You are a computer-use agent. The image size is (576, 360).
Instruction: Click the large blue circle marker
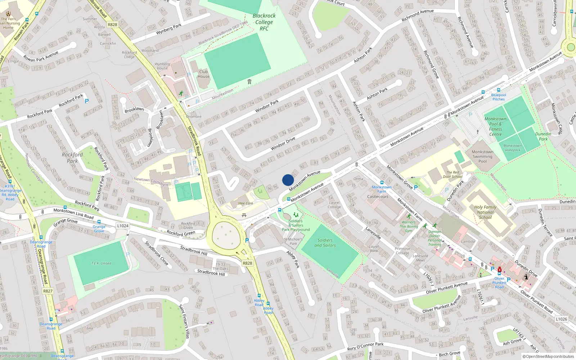click(288, 180)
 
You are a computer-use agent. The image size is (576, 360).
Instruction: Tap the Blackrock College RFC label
click(264, 22)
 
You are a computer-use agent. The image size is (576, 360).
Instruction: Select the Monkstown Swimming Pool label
click(482, 157)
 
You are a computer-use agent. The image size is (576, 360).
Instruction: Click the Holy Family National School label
click(485, 212)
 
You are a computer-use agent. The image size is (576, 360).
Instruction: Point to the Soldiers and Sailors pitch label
click(325, 243)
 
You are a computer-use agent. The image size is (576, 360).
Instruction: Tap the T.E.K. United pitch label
click(101, 263)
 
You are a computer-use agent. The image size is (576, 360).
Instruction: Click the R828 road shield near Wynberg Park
click(112, 24)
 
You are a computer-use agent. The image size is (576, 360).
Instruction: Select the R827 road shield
click(48, 291)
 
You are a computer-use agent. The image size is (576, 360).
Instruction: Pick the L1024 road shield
click(123, 226)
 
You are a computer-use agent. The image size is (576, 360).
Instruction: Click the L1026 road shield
click(561, 319)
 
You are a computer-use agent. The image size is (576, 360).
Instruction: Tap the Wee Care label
click(246, 203)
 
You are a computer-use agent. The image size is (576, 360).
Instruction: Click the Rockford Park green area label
click(72, 158)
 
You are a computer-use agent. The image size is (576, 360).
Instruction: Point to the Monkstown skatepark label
click(512, 148)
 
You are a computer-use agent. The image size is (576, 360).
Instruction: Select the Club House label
click(203, 74)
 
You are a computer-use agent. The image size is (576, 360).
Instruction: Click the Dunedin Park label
click(543, 136)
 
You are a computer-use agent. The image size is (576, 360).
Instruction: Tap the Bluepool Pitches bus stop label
click(499, 97)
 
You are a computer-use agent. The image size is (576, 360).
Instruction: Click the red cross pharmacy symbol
click(500, 270)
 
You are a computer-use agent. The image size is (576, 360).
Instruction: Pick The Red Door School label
click(453, 174)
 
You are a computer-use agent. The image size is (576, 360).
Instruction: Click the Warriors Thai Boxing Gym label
click(409, 226)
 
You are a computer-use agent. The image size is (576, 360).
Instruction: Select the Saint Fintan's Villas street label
click(184, 321)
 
